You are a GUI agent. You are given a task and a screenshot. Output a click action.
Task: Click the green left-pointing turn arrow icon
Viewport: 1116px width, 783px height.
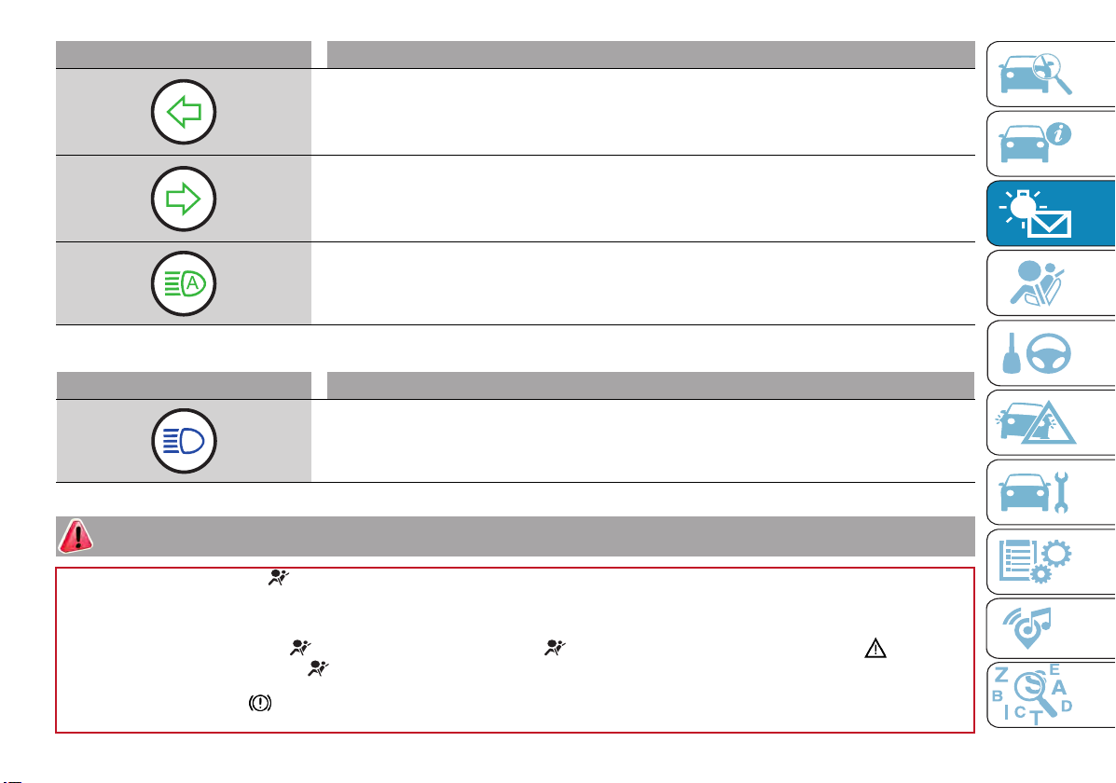[x=184, y=112]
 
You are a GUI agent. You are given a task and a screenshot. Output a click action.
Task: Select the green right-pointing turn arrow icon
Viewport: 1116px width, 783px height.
[x=184, y=199]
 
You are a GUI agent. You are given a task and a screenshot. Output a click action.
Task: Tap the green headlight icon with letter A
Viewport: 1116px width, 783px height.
[x=184, y=284]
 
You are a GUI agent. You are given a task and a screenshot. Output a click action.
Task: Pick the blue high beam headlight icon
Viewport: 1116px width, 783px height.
[x=184, y=441]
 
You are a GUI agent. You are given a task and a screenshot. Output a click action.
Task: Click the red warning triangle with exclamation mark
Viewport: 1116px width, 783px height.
[x=76, y=536]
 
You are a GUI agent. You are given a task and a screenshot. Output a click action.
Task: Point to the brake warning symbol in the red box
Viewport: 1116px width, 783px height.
[x=260, y=703]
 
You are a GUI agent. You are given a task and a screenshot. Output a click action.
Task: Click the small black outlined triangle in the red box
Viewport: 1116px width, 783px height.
[x=875, y=649]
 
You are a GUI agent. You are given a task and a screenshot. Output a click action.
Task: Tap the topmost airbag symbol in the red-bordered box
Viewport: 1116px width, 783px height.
[x=278, y=578]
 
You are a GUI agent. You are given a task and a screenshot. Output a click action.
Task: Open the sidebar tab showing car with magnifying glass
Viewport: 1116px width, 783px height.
[x=1051, y=74]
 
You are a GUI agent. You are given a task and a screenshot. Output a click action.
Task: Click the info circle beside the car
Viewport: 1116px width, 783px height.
[x=1059, y=134]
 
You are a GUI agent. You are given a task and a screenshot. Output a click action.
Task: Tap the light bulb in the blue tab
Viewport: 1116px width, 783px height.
[x=1023, y=205]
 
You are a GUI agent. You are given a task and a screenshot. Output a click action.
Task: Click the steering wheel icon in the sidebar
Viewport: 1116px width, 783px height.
[x=1048, y=353]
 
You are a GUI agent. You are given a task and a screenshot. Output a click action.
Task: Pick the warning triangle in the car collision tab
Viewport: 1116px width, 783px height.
[x=1048, y=424]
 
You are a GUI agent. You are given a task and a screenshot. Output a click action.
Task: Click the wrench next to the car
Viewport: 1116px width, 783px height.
[x=1060, y=492]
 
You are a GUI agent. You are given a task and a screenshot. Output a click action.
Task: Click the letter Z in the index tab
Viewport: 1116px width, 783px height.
[x=1000, y=675]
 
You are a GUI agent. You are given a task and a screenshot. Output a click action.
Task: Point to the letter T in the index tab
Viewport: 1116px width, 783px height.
[x=1037, y=719]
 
